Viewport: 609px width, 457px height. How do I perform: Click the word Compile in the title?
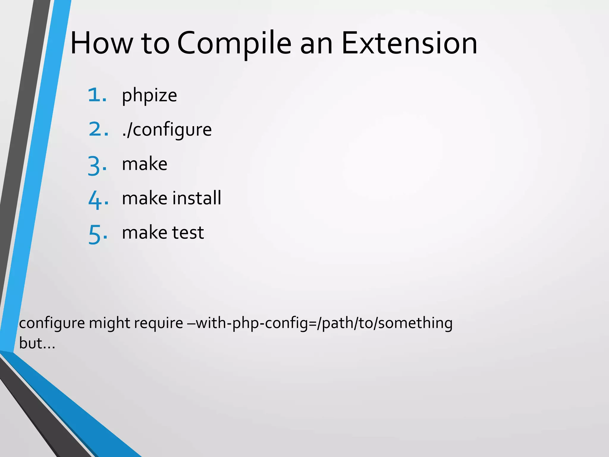(x=234, y=43)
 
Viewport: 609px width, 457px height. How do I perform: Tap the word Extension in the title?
(x=409, y=43)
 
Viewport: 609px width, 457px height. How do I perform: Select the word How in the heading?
(x=101, y=43)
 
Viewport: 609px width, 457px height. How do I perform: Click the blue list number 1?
(x=97, y=95)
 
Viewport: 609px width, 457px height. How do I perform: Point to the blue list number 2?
(x=98, y=130)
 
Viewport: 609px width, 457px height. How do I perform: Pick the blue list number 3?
(x=97, y=165)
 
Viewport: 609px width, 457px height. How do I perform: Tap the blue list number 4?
(x=98, y=200)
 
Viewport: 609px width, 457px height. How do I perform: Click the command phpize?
(x=149, y=96)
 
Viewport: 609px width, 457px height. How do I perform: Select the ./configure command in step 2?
(x=167, y=130)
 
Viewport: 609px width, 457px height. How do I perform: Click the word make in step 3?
(x=145, y=164)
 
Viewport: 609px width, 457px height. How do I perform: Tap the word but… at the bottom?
(x=37, y=343)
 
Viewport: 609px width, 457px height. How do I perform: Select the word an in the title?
(x=316, y=43)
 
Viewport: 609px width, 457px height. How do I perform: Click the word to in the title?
(x=155, y=43)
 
